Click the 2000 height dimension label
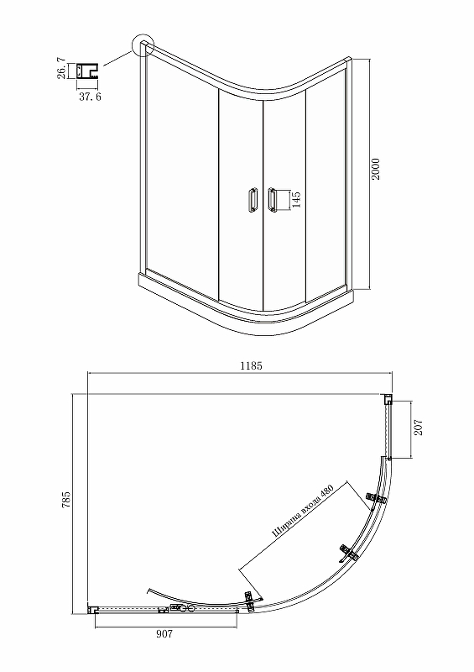[375, 169]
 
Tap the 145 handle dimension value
[296, 200]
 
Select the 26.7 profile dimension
[62, 68]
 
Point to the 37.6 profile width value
[90, 97]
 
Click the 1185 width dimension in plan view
[251, 365]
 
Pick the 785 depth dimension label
[66, 500]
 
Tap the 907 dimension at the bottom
[164, 634]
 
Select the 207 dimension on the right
[419, 428]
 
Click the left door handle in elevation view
[253, 199]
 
